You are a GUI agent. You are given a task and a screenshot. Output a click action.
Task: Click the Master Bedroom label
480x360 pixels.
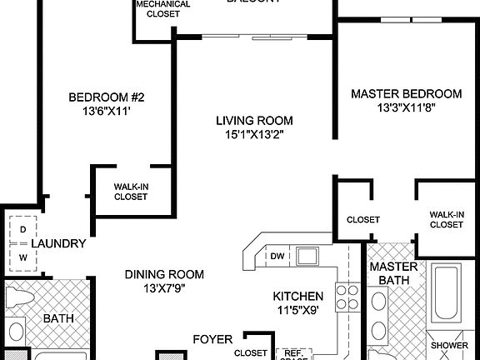406,93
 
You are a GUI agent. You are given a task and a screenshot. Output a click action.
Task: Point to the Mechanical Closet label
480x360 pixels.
162,8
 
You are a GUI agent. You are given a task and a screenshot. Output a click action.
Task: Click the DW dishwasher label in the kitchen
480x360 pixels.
277,256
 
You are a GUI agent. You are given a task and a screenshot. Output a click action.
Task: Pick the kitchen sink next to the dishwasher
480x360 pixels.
307,255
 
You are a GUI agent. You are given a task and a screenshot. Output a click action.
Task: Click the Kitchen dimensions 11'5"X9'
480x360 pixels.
298,311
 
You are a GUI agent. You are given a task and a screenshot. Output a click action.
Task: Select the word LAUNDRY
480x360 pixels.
58,243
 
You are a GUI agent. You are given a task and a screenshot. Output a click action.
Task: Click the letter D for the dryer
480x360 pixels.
22,227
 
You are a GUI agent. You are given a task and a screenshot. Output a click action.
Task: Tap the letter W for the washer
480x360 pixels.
22,257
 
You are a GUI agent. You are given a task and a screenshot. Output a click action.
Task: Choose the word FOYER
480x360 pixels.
212,339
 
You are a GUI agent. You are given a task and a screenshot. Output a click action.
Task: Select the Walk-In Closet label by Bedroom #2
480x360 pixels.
131,192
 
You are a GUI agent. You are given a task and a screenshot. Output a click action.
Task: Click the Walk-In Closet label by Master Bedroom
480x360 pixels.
446,219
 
